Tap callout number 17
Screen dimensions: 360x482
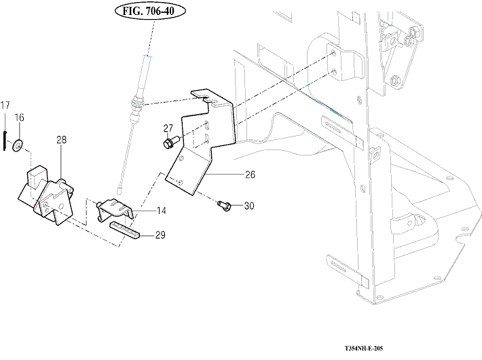[x=5, y=105]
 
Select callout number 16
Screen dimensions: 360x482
[x=20, y=118]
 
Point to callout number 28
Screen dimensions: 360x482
[x=61, y=140]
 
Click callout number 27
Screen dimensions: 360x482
[x=168, y=128]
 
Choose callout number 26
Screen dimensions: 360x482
[x=250, y=175]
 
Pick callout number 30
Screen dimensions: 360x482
[x=248, y=206]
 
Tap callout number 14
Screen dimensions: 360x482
[x=162, y=211]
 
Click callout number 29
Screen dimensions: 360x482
[x=160, y=235]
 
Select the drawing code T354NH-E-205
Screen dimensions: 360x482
[x=364, y=348]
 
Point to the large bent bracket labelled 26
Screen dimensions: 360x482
[x=204, y=146]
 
